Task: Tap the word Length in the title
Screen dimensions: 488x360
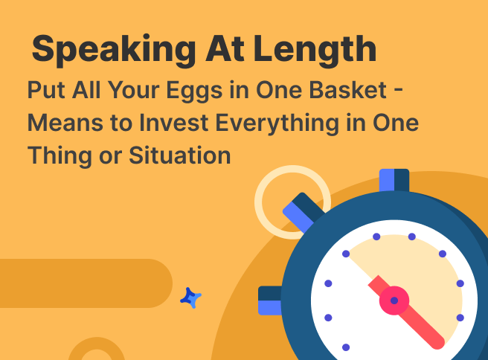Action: (x=315, y=49)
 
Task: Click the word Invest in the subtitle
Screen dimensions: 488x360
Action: (x=173, y=123)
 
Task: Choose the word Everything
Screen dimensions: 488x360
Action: (x=277, y=123)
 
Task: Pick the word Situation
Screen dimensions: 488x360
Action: (x=180, y=155)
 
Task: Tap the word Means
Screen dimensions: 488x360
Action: (x=65, y=123)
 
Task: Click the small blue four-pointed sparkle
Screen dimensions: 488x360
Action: (x=190, y=298)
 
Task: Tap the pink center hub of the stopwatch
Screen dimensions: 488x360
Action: (x=394, y=300)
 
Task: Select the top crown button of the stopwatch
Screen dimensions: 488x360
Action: (x=394, y=180)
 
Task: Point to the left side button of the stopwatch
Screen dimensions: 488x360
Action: (x=270, y=300)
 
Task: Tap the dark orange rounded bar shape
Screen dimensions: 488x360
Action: (x=86, y=283)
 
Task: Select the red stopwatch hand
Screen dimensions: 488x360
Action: (x=406, y=312)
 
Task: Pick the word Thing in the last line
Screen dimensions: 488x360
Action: (x=60, y=156)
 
